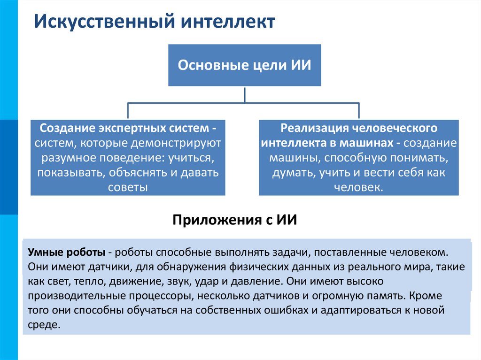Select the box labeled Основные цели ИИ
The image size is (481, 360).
[244, 65]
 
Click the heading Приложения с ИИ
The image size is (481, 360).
[235, 220]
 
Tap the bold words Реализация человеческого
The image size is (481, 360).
[359, 128]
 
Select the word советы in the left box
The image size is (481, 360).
[128, 188]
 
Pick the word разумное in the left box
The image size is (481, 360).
[62, 158]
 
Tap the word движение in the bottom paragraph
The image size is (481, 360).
[141, 282]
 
